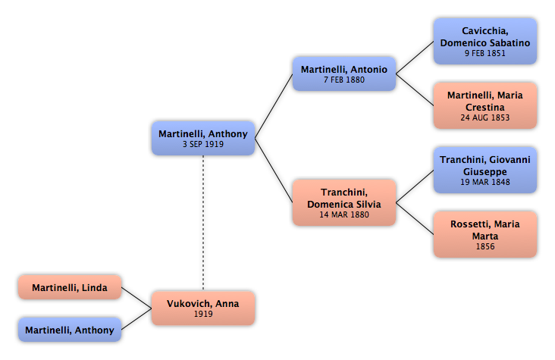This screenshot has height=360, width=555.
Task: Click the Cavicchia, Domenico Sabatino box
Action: (x=485, y=42)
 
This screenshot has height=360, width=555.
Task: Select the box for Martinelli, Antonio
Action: (x=344, y=74)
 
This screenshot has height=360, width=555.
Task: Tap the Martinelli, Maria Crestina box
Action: (x=485, y=105)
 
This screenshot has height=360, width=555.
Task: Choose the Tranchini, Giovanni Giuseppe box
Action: (x=485, y=170)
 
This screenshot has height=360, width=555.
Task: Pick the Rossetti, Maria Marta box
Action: (x=485, y=234)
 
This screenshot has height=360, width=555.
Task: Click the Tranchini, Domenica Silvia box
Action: (x=344, y=202)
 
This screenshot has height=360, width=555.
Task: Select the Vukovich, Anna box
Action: (x=203, y=308)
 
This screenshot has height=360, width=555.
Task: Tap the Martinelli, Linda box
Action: (x=70, y=287)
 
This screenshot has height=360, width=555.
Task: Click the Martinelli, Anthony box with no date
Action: (x=70, y=330)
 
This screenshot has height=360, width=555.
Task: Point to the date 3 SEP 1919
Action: (x=203, y=144)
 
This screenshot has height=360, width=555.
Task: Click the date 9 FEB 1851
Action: (x=485, y=53)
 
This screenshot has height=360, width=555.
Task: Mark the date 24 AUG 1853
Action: (x=485, y=117)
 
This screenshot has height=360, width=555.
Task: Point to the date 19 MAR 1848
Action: (x=485, y=182)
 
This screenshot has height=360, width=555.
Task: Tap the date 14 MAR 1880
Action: (x=344, y=214)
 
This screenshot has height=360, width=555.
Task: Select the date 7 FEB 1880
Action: (x=344, y=80)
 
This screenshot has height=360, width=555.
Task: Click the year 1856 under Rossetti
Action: (x=485, y=246)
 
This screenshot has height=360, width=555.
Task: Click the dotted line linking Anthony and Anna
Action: (x=203, y=223)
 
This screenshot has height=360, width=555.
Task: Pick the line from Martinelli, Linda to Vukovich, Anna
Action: (x=136, y=298)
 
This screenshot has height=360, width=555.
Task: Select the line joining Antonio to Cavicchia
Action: (x=415, y=58)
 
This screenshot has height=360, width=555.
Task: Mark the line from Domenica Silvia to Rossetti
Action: (x=415, y=218)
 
